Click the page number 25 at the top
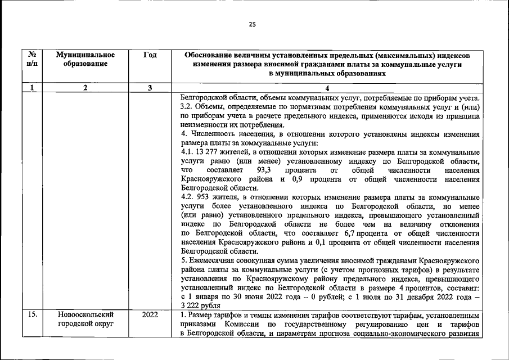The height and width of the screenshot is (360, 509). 252,24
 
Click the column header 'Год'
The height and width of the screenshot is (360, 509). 150,55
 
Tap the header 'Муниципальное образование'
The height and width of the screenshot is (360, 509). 85,60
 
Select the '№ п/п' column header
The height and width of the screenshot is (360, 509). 33,60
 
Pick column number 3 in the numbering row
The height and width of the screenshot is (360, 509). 150,88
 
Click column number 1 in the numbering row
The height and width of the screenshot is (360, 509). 33,88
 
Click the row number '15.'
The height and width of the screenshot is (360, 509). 33,315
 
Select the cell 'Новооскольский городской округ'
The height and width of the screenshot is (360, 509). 85,319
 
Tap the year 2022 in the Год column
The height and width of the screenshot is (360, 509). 150,315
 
